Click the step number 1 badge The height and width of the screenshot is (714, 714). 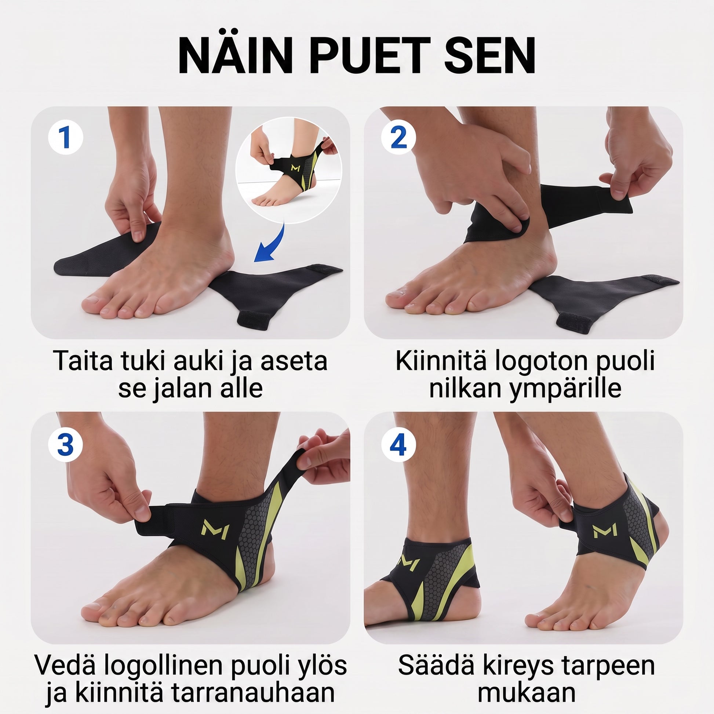pyautogui.click(x=65, y=137)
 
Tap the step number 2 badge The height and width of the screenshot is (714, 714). pyautogui.click(x=398, y=137)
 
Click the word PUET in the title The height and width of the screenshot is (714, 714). pyautogui.click(x=370, y=56)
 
